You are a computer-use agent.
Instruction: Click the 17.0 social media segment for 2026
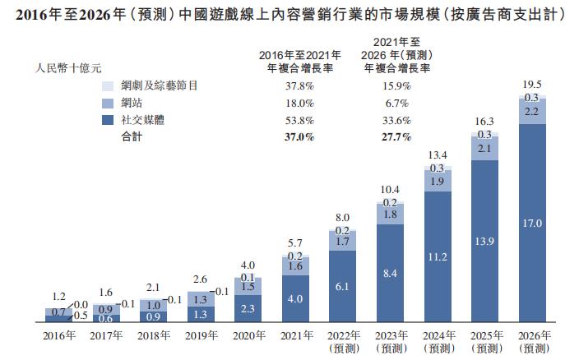(531, 223)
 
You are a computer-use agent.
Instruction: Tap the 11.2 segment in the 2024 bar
(437, 257)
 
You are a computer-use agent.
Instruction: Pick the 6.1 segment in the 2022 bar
(342, 286)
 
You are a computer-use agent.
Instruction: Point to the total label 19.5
(531, 85)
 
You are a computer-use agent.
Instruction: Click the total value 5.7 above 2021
(295, 243)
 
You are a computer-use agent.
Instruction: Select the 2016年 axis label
(59, 335)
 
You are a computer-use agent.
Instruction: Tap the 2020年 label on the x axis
(248, 335)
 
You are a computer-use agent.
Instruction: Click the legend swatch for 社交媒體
(106, 121)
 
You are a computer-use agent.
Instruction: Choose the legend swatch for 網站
(106, 104)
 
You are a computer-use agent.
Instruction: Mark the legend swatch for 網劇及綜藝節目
(106, 86)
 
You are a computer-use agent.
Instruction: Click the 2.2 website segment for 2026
(531, 110)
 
